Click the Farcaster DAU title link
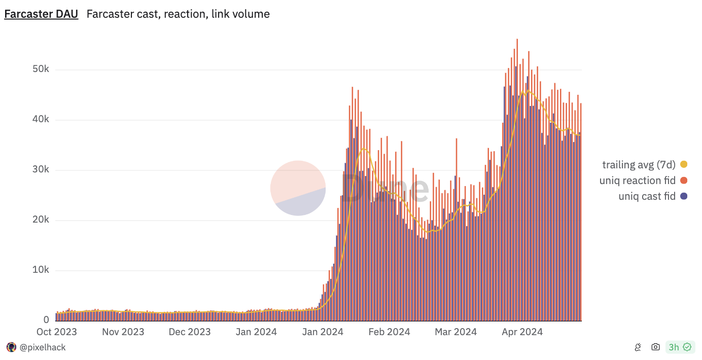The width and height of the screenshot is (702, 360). (41, 14)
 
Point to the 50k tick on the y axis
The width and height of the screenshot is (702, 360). (39, 69)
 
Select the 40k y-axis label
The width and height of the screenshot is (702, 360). (39, 120)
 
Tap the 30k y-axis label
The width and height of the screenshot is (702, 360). (39, 170)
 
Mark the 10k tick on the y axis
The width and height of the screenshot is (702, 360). (39, 270)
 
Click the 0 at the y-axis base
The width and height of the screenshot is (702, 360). (46, 320)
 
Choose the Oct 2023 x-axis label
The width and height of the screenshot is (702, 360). (57, 332)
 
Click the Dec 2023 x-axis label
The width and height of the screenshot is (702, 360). (189, 332)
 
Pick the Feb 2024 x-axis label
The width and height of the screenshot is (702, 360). (390, 332)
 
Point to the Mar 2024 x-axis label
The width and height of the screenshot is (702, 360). (456, 332)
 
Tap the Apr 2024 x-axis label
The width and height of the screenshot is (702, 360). (522, 332)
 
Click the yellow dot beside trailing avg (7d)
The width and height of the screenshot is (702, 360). (684, 164)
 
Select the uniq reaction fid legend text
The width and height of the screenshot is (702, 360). (637, 181)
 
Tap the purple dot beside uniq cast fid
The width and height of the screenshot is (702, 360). (684, 196)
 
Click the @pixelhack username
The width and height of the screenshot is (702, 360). (43, 347)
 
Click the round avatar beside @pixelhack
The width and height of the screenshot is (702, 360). (11, 347)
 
